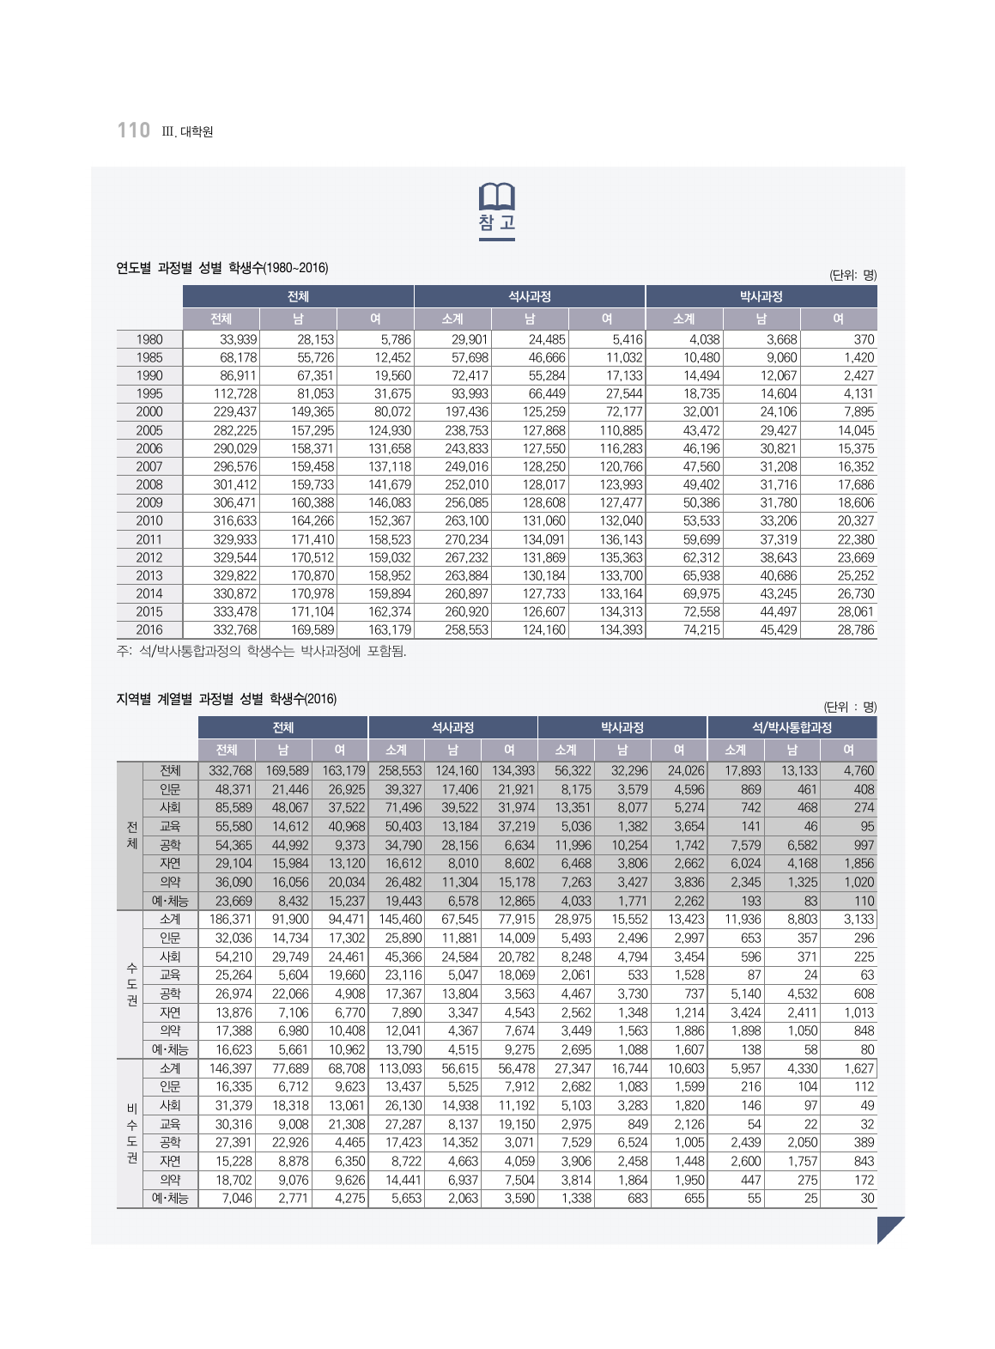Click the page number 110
[x=134, y=131]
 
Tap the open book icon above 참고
[x=497, y=197]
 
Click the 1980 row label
[x=149, y=339]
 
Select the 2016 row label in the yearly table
[x=149, y=629]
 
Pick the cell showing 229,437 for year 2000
[x=234, y=412]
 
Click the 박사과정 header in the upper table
[x=761, y=296]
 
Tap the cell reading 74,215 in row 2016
[x=701, y=629]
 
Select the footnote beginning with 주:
[x=262, y=651]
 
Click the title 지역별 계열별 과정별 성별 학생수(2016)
[x=227, y=699]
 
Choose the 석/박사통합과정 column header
[x=792, y=727]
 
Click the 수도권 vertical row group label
[x=131, y=985]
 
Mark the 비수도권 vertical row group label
[x=131, y=1133]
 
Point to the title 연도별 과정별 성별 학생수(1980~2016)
[x=222, y=268]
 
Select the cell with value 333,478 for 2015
[x=234, y=611]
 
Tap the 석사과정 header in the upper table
[x=529, y=296]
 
